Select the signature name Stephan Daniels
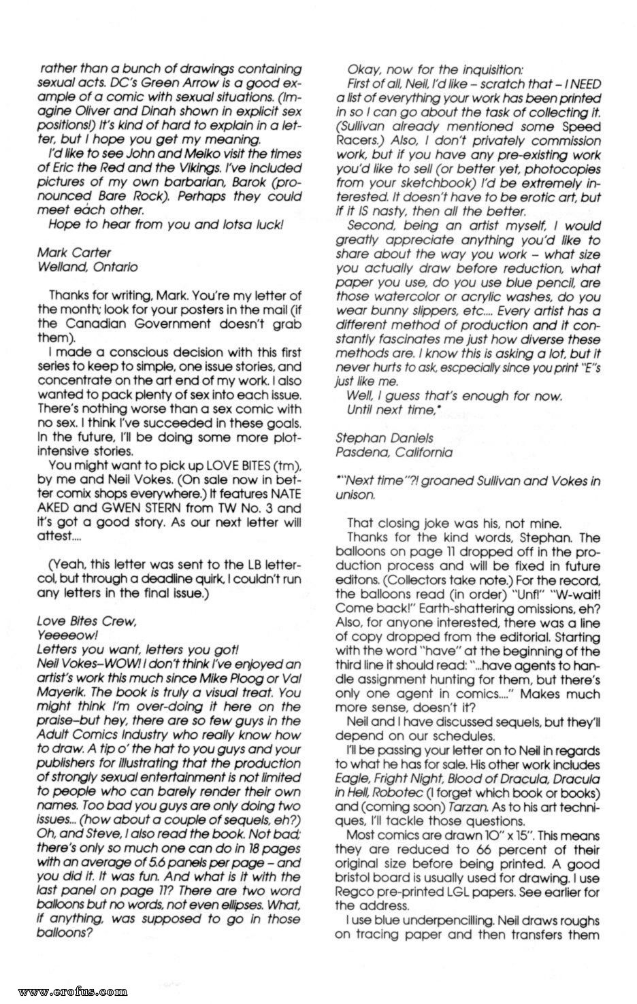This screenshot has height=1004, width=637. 385,438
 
